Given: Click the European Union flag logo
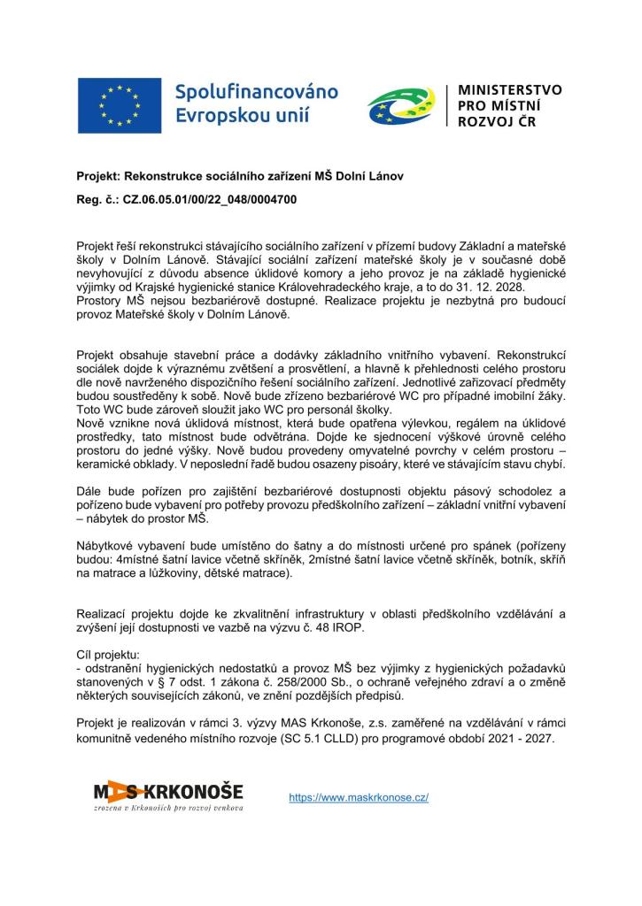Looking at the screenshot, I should pos(119,105).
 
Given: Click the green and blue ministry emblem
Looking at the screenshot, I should pos(400,105).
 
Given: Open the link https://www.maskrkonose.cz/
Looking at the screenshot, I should pos(359,797).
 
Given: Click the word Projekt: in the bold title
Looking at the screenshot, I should pos(98,176).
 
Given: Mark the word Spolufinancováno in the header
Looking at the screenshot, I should pos(257,92).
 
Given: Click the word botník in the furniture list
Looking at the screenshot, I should pos(503,560).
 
